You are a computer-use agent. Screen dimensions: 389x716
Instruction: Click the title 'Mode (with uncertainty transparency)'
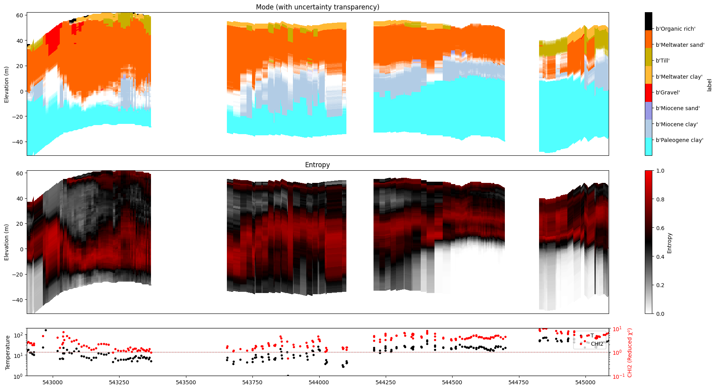tap(317, 7)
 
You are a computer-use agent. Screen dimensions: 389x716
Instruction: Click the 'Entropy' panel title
tap(317, 165)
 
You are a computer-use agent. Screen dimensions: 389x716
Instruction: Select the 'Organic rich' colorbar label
tap(676, 29)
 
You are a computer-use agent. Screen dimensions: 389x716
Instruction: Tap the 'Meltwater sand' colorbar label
tap(680, 45)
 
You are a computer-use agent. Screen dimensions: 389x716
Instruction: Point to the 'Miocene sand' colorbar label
tap(678, 108)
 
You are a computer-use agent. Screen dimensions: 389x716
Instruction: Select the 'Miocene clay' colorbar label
tap(677, 124)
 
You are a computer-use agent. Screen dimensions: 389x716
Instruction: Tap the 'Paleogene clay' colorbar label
tap(679, 140)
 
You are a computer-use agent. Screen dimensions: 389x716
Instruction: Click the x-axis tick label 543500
tap(186, 382)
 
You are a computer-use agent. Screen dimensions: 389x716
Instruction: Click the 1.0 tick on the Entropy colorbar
tap(661, 171)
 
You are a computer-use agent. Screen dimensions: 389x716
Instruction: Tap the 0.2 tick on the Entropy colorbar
tap(661, 285)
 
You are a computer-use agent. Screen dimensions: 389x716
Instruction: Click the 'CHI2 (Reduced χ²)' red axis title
tap(629, 352)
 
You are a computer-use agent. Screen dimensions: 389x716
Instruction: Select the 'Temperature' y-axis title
tap(7, 352)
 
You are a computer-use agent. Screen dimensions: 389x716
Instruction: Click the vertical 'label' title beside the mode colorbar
tap(709, 85)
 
